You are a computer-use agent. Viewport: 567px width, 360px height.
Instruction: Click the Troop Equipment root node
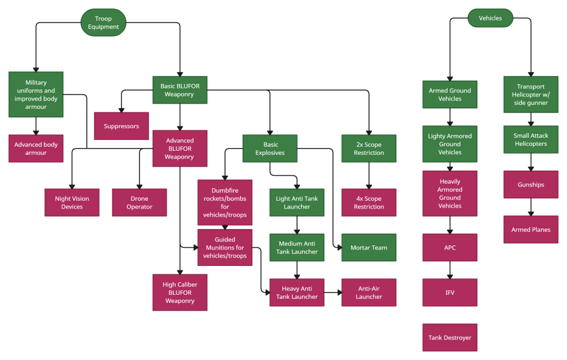coord(103,23)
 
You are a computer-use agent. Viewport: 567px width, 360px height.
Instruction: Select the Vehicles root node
coord(490,18)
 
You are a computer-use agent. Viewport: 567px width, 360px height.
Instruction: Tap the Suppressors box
coord(121,126)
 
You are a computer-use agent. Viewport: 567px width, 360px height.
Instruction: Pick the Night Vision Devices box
coord(72,202)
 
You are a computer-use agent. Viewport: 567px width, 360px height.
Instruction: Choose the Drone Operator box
coord(139,202)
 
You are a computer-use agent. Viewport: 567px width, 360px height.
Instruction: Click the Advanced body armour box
coord(36,149)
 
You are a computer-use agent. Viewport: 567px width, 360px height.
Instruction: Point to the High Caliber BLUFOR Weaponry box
coord(180,293)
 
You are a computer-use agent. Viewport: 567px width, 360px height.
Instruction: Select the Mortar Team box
coord(369,247)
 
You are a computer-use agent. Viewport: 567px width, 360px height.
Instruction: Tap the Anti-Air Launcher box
coord(369,293)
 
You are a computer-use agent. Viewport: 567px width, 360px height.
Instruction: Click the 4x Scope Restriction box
coord(369,202)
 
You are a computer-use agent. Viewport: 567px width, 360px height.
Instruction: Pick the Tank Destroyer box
coord(450,337)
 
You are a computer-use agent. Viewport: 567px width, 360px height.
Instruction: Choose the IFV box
coord(450,293)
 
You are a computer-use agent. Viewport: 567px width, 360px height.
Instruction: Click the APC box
coord(450,247)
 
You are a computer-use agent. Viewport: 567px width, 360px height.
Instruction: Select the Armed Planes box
coord(531,230)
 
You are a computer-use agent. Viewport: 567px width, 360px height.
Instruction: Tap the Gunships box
coord(531,184)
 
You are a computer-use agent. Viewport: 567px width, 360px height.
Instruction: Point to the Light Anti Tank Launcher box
coord(297,202)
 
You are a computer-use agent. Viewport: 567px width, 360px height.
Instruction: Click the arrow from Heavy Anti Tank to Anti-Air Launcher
coord(333,293)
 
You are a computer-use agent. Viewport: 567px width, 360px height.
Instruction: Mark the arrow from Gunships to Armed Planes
coord(531,207)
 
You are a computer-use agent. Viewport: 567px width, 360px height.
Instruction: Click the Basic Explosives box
coord(270,149)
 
